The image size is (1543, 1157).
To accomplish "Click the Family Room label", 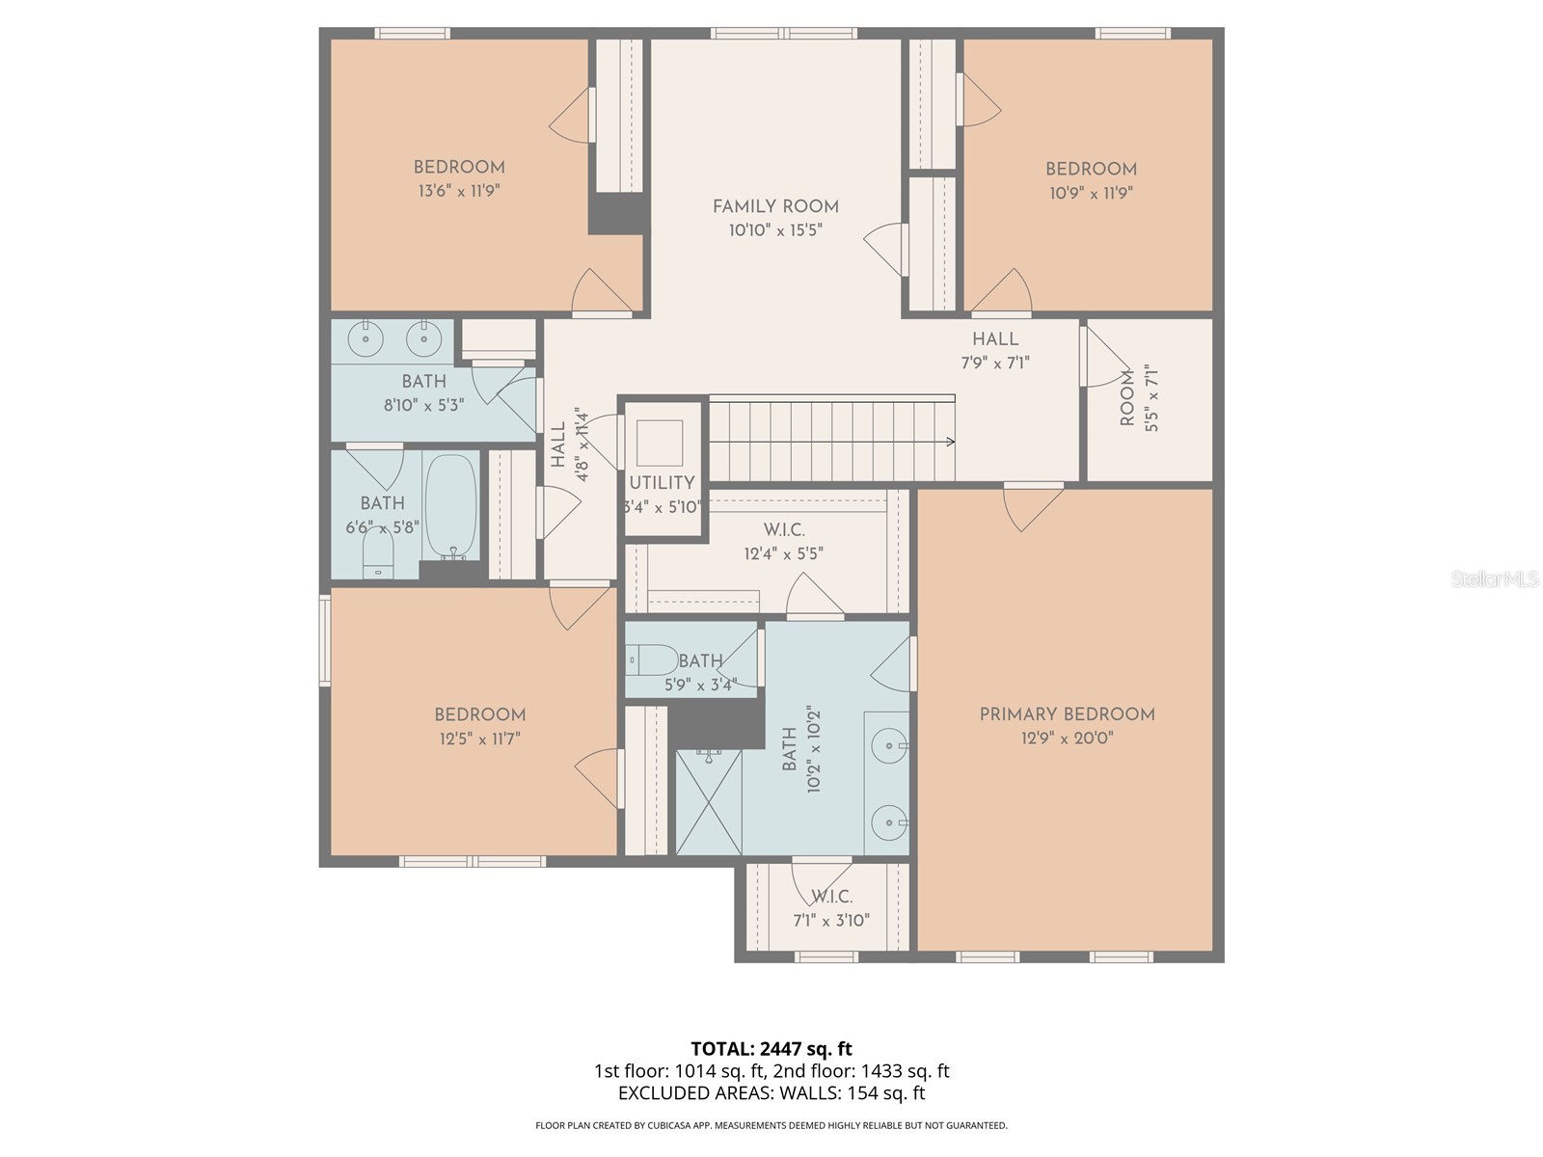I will click(775, 206).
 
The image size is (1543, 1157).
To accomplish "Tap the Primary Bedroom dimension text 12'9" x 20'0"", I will click(1067, 739).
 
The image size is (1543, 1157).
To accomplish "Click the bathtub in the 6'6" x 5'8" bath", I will click(451, 506).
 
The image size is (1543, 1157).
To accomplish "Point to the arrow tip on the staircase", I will click(952, 442).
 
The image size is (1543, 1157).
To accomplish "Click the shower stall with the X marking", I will click(709, 803).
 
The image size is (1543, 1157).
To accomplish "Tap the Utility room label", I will click(662, 483).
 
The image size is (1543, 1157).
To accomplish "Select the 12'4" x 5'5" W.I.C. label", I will click(784, 530).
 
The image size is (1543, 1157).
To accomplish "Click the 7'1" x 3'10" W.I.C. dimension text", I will click(831, 921).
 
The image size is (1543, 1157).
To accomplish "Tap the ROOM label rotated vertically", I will click(1127, 397).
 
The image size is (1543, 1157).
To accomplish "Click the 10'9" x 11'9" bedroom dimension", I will click(1091, 193).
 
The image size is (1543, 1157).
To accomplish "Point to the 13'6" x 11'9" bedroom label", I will click(459, 167).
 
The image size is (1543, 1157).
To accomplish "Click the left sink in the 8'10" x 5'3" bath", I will click(365, 338).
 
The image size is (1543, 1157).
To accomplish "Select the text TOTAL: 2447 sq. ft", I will click(771, 1049).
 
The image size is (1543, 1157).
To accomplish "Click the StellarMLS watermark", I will click(1494, 579).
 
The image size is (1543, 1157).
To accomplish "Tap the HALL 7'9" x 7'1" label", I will click(995, 339).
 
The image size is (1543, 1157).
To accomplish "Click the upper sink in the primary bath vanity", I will click(888, 745).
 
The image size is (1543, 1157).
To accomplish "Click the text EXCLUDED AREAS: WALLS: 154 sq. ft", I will click(771, 1093).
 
